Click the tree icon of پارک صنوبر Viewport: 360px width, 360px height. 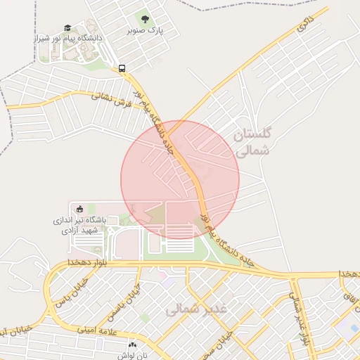pyautogui.click(x=145, y=19)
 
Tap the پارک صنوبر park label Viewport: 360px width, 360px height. pyautogui.click(x=145, y=31)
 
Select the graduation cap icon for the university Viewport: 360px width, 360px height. pyautogui.click(x=67, y=27)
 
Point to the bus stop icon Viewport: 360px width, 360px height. pyautogui.click(x=122, y=68)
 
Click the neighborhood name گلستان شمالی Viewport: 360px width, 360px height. pyautogui.click(x=251, y=142)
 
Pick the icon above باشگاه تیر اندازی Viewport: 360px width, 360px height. pyautogui.click(x=79, y=208)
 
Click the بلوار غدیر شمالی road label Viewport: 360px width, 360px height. pyautogui.click(x=301, y=321)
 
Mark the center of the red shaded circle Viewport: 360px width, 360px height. pyautogui.click(x=180, y=179)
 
